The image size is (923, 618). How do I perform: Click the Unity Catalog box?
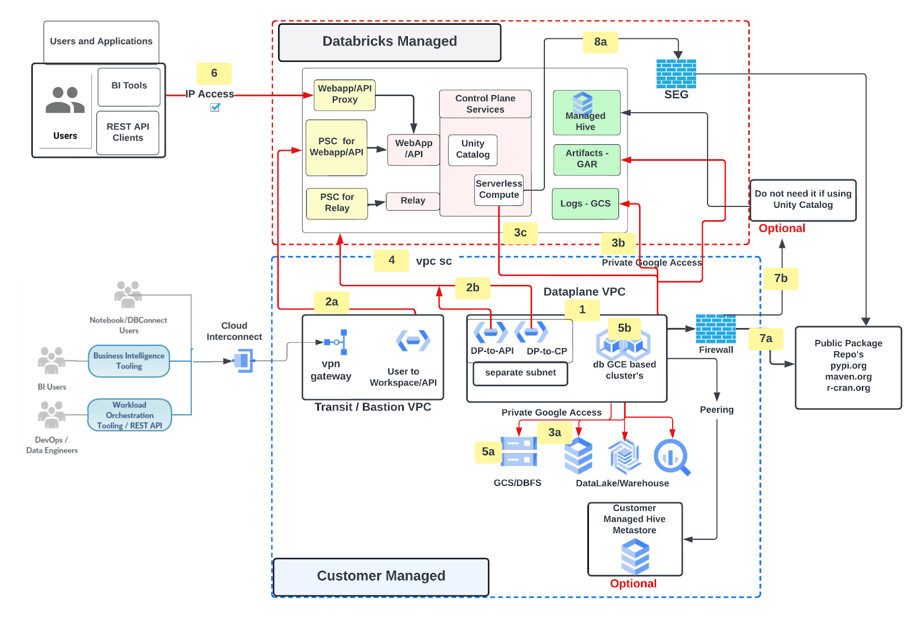click(x=472, y=149)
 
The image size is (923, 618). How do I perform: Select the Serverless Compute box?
click(x=499, y=190)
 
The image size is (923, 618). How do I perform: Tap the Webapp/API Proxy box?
click(x=344, y=95)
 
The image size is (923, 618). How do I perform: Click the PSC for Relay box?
click(x=337, y=203)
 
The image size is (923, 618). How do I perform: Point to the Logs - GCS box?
click(x=585, y=204)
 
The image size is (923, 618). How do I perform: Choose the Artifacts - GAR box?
click(x=587, y=159)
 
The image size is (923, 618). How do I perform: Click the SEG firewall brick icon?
click(x=676, y=74)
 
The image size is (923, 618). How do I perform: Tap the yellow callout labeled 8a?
click(x=601, y=42)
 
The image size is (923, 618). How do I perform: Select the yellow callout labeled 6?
click(x=214, y=73)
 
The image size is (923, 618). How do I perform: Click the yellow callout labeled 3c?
click(x=520, y=233)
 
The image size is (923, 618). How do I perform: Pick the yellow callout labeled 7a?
click(x=766, y=339)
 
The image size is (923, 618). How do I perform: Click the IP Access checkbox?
click(x=215, y=107)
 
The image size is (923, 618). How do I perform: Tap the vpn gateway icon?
click(x=336, y=342)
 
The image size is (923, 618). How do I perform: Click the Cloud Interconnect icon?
click(x=243, y=361)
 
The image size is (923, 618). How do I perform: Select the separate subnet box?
click(x=520, y=373)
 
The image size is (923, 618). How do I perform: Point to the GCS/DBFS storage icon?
click(x=519, y=451)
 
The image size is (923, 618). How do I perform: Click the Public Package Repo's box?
click(x=848, y=368)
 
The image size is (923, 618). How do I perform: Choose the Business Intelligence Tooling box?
click(x=129, y=361)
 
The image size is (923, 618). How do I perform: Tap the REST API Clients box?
click(x=127, y=133)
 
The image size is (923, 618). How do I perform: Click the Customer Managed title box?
click(x=381, y=576)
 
